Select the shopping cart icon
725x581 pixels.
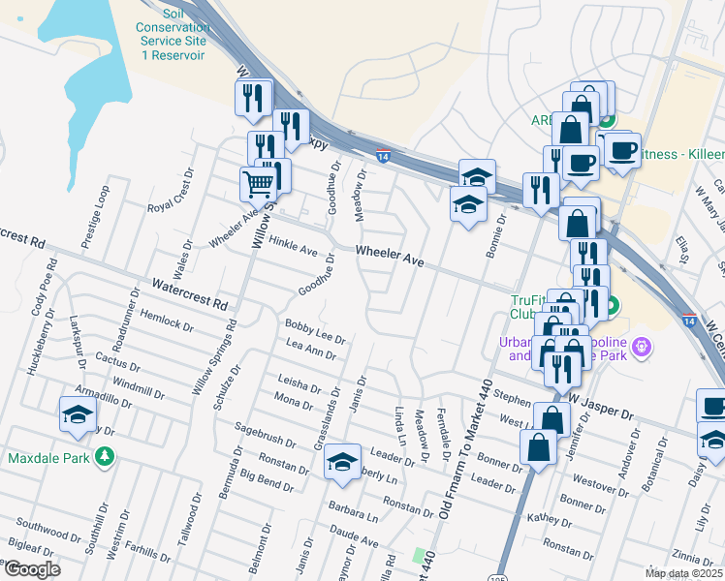pyautogui.click(x=258, y=183)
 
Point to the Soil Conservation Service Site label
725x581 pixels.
pyautogui.click(x=173, y=35)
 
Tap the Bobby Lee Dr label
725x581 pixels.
pyautogui.click(x=315, y=330)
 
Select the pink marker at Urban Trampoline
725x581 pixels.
pyautogui.click(x=639, y=346)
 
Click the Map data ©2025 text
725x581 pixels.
pyautogui.click(x=684, y=573)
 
